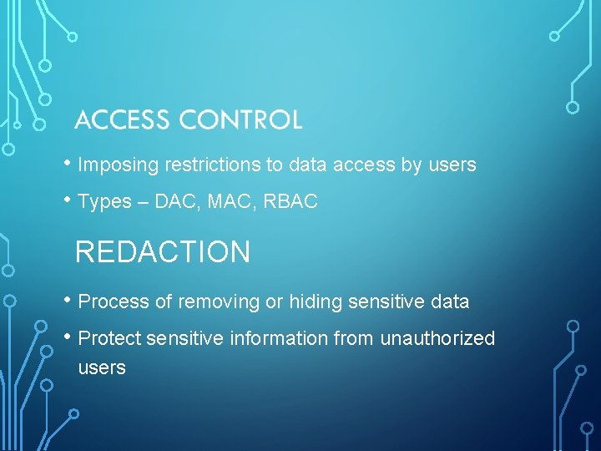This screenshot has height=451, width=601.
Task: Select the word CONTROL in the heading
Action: coord(240,120)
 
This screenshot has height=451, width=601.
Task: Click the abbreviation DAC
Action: coord(174,202)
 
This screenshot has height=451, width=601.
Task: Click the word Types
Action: coord(104,202)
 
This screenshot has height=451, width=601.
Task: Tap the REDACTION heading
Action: coord(163,252)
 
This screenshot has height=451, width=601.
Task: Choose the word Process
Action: coord(112,302)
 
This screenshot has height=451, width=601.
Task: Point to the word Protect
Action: coord(109,339)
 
